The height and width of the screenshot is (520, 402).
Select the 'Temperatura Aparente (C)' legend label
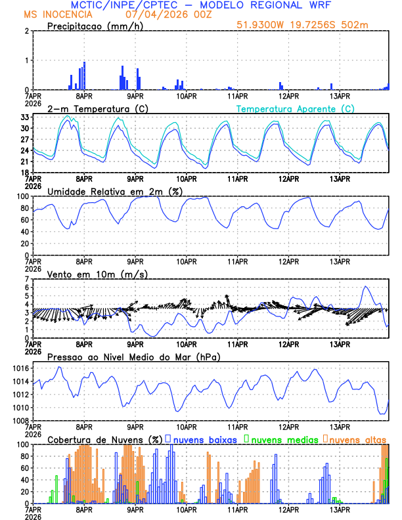(296, 108)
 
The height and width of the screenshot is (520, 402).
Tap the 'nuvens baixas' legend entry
(204, 439)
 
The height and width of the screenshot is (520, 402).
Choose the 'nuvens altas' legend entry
(357, 439)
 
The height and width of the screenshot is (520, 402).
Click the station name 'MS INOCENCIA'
(58, 14)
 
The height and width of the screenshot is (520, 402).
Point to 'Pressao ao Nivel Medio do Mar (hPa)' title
(133, 357)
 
